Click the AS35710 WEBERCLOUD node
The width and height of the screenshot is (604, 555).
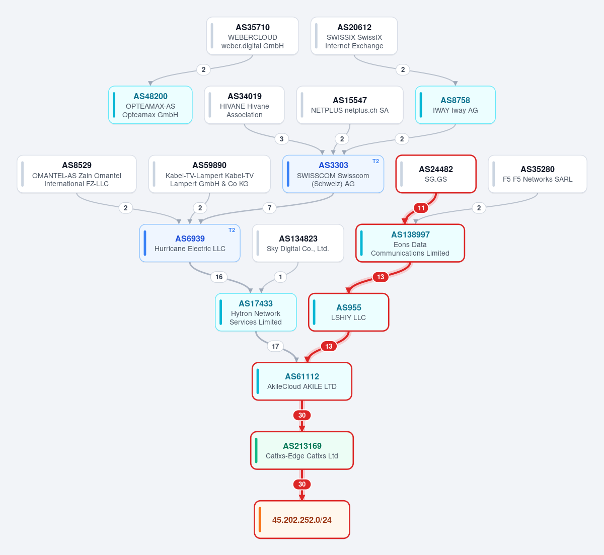click(252, 36)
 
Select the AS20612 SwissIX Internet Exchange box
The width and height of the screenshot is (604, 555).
click(354, 36)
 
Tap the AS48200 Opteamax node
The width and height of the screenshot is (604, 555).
click(150, 105)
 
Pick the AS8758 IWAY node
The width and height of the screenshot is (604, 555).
click(455, 105)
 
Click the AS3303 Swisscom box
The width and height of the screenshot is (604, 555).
click(333, 174)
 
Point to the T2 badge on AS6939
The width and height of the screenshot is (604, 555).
click(232, 230)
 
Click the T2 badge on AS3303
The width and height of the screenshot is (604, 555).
click(375, 161)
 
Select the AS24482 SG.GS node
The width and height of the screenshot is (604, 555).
click(436, 174)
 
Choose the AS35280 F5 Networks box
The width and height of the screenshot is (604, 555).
click(537, 174)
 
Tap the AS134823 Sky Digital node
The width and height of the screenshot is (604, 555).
click(298, 243)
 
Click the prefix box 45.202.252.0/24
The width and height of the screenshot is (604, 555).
click(301, 519)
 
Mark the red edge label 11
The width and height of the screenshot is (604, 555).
click(421, 208)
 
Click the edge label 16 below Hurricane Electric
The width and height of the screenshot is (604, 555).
click(219, 277)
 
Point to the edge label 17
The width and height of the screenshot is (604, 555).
click(275, 346)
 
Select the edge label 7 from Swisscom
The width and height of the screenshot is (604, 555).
click(269, 208)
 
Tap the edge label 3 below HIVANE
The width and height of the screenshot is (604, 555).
click(281, 139)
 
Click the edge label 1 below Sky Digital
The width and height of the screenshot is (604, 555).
click(280, 277)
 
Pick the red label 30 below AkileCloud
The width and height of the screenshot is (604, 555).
click(301, 415)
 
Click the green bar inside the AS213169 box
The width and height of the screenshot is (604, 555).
click(256, 450)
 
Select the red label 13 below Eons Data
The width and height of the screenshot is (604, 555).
click(381, 277)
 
